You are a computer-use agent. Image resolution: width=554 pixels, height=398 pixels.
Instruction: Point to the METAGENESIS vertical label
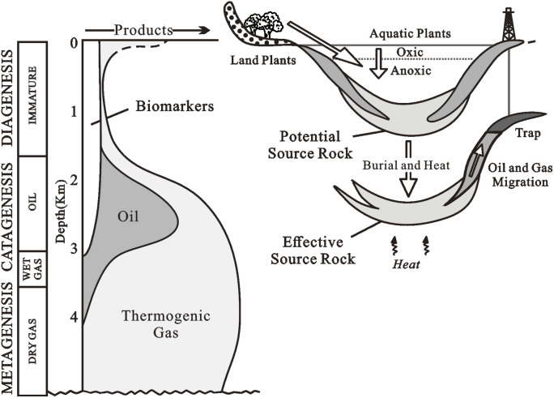[x=11, y=338]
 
